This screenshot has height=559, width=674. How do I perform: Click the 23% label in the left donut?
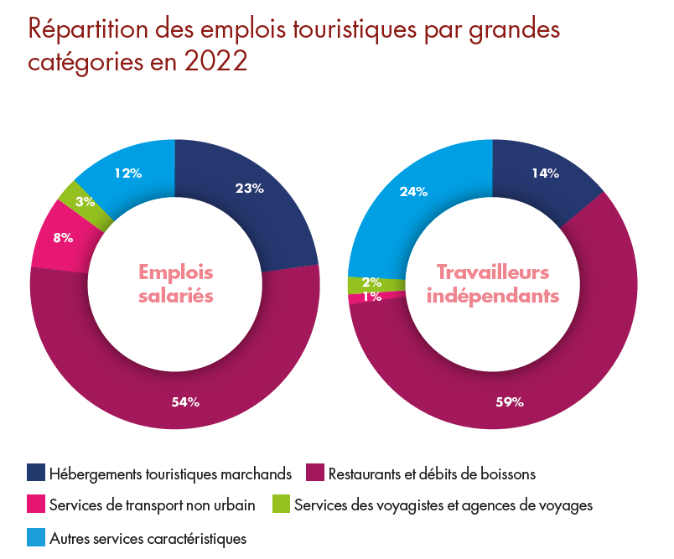[249, 189]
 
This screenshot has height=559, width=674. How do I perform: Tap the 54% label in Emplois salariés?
[185, 401]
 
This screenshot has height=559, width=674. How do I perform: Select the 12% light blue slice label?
[128, 173]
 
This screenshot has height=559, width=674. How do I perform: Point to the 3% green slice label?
[86, 201]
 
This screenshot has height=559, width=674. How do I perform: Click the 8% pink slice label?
[63, 238]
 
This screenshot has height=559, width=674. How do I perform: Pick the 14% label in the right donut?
[546, 173]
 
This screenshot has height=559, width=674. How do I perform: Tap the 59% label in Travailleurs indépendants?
[510, 401]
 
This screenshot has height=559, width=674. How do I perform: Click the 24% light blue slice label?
[413, 192]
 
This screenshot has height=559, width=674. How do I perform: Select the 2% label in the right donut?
[372, 282]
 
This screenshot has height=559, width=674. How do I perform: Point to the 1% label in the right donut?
[372, 297]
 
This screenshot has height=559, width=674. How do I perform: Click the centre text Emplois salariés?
[176, 284]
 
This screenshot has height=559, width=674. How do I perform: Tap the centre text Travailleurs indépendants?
[493, 284]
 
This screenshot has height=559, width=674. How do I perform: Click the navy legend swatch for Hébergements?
[36, 472]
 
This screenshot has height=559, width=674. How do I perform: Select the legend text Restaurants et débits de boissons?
[432, 474]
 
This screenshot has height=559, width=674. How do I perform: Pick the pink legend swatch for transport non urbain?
[36, 504]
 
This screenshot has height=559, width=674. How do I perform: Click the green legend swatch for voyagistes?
[281, 504]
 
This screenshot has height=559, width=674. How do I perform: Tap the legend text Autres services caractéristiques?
[148, 539]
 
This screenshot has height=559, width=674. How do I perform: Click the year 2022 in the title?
[215, 61]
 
